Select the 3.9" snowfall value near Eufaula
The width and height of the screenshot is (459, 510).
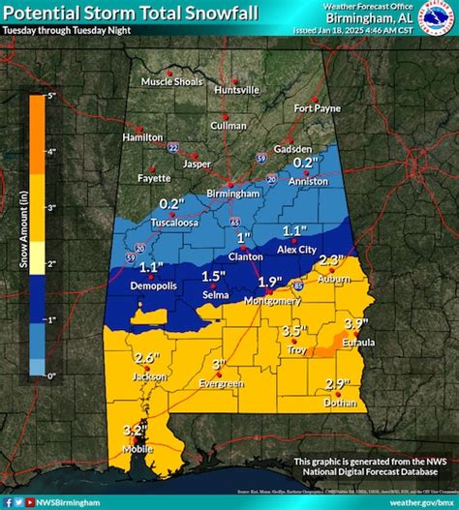pyautogui.click(x=358, y=322)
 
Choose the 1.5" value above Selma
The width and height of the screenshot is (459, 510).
pyautogui.click(x=214, y=276)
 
